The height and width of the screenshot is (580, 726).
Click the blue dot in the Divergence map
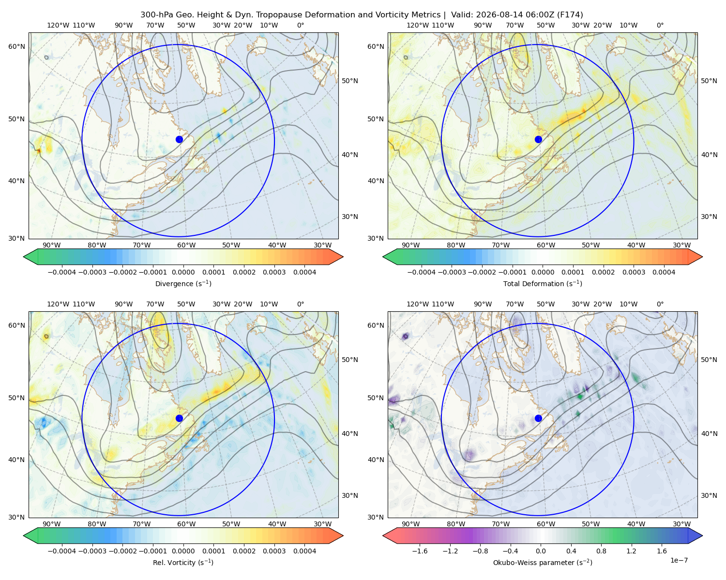[x=179, y=140]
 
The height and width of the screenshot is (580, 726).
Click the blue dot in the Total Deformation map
[x=538, y=140]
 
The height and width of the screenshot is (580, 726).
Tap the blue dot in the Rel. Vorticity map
[x=179, y=418]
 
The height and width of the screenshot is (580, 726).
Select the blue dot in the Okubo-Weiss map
[x=538, y=418]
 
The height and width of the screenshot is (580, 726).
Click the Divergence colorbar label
[x=183, y=284]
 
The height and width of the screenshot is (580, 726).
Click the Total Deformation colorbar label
[x=543, y=284]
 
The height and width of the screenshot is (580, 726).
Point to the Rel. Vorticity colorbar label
[x=183, y=563]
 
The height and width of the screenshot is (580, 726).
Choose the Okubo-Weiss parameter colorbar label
[x=543, y=563]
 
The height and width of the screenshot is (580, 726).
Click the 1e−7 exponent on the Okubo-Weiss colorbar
[x=679, y=560]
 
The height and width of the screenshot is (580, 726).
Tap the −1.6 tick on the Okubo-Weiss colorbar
[x=420, y=551]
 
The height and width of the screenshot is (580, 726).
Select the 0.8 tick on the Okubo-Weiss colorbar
[x=601, y=551]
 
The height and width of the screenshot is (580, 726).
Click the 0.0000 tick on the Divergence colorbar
[x=183, y=272]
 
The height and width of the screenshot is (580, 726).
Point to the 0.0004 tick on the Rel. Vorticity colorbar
[x=304, y=551]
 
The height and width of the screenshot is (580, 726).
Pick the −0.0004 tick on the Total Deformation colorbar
[x=422, y=272]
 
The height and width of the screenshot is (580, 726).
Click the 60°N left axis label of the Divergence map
[x=16, y=46]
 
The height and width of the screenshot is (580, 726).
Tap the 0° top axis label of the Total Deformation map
[x=660, y=25]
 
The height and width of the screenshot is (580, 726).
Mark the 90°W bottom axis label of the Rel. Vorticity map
[x=52, y=524]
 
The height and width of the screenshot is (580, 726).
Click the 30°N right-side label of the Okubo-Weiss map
[x=709, y=495]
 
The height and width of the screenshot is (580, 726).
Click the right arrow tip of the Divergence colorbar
[x=343, y=257]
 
